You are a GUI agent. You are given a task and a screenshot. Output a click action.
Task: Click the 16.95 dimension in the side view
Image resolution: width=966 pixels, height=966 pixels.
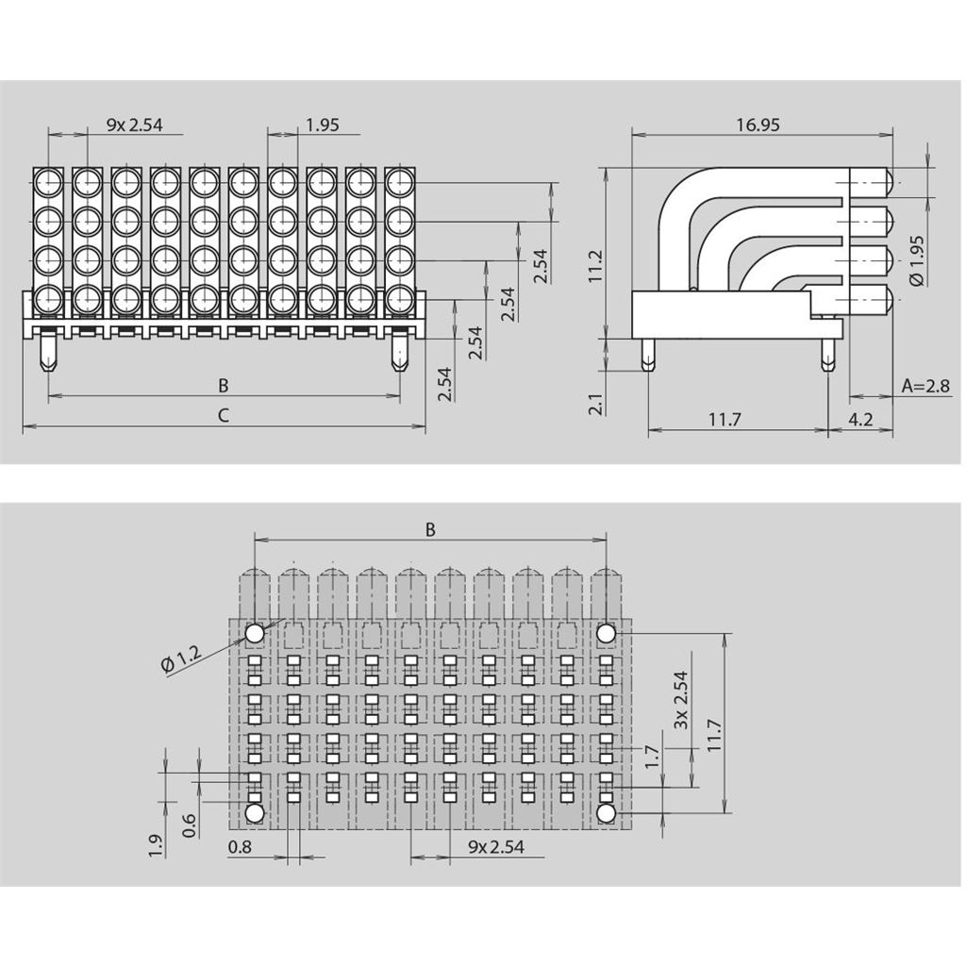(x=758, y=125)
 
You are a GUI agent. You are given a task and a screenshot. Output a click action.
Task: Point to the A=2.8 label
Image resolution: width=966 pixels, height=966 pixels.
(x=925, y=385)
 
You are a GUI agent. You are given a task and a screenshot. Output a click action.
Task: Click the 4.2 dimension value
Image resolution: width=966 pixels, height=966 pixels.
(x=860, y=419)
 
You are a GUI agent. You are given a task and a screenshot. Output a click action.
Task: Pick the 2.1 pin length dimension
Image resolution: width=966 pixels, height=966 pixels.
(x=595, y=405)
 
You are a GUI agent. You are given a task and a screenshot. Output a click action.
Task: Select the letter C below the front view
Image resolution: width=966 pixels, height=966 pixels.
(x=223, y=414)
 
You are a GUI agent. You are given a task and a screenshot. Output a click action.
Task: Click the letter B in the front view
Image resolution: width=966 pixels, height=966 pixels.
(x=223, y=385)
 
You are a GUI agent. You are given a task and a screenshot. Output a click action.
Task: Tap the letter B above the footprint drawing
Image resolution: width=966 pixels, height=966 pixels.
(x=430, y=529)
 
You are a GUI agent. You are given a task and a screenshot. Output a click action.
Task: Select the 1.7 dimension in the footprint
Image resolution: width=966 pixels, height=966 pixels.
(x=651, y=758)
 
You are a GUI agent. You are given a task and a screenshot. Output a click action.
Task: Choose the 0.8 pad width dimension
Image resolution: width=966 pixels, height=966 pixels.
(x=241, y=846)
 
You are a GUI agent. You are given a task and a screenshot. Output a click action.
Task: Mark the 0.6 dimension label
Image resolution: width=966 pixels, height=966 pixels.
(x=190, y=824)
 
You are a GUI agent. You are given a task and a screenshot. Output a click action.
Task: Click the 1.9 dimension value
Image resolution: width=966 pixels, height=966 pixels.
(x=157, y=845)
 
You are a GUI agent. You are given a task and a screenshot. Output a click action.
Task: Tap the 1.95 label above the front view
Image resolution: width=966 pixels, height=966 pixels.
(x=323, y=124)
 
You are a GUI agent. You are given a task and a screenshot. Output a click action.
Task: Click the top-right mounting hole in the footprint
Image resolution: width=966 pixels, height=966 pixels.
(x=606, y=632)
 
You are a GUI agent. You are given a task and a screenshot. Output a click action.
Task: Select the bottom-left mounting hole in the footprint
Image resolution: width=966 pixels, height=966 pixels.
(x=254, y=812)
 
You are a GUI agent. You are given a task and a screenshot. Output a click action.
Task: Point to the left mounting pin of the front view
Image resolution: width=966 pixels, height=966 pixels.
(x=48, y=355)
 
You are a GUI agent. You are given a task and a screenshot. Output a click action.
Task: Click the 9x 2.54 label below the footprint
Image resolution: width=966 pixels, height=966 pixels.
(x=496, y=846)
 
